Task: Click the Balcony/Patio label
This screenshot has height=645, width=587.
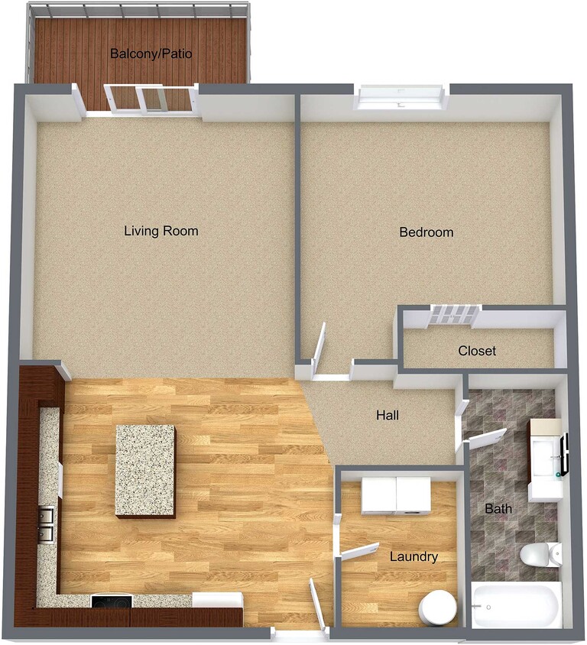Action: tap(151, 54)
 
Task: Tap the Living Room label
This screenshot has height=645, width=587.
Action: tap(161, 231)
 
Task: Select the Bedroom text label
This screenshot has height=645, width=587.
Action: tap(426, 232)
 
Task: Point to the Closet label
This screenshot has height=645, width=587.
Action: tap(477, 352)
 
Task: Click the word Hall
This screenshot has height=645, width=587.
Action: tap(388, 416)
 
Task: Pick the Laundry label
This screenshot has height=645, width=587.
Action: tap(413, 557)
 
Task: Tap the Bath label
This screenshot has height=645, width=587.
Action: tap(498, 508)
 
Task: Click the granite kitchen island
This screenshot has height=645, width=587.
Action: tap(145, 471)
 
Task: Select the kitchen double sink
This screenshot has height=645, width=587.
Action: tap(47, 523)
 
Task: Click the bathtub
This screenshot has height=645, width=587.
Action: tap(517, 605)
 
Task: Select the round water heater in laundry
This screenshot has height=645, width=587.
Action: tap(437, 608)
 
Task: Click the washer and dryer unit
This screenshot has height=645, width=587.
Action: tap(396, 495)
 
